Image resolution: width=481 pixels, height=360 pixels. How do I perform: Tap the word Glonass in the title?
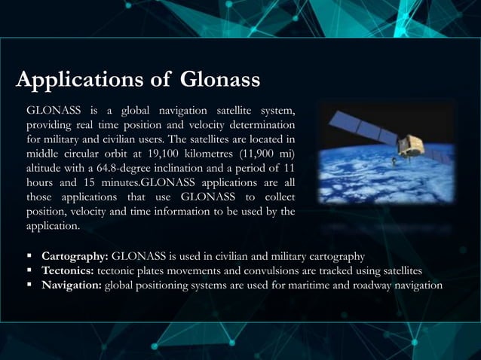pos(220,79)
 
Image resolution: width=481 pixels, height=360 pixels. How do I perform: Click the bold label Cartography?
pos(75,256)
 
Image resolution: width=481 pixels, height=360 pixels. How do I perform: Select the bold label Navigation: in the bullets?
pos(72,285)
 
